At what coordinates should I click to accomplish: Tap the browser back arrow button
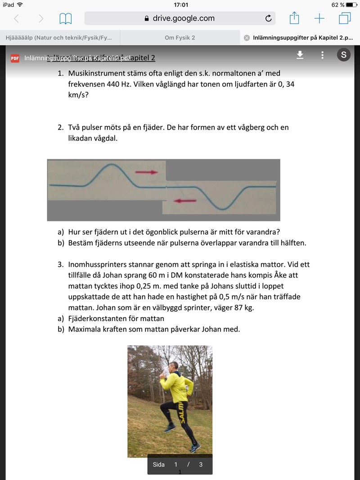pos(17,18)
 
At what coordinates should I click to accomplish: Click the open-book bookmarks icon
pos(66,18)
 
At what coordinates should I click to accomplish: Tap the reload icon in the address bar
pos(269,18)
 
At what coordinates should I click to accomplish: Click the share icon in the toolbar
pos(294,18)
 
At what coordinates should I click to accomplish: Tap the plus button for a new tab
pos(319,18)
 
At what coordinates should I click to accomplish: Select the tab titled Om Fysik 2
pos(180,38)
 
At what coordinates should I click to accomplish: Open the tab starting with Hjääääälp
pos(58,38)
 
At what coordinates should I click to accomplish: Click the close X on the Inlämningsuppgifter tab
pos(247,38)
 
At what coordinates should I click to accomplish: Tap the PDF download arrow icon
pos(300,55)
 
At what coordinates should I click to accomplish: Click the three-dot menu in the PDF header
pos(322,55)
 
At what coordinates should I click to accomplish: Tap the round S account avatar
pos(344,55)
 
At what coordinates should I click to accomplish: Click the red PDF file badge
pos(15,58)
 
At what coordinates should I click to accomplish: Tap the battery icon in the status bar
pos(351,4)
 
